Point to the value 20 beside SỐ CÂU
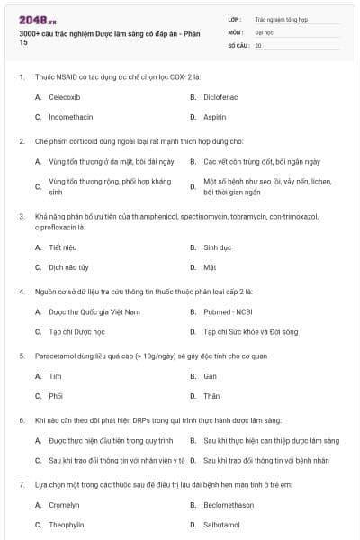(x=258, y=45)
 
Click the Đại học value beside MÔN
(x=264, y=31)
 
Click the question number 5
(x=22, y=355)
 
